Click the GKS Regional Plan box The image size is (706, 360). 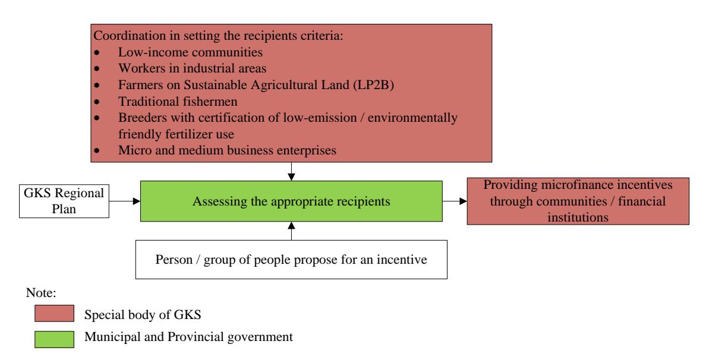[64, 201]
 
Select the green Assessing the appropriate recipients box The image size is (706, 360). [291, 201]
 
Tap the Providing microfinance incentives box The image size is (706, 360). [578, 201]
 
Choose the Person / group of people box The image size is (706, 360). [291, 260]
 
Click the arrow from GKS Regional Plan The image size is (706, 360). [125, 201]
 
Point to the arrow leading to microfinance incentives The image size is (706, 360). [455, 201]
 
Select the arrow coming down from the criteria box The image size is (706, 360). [291, 172]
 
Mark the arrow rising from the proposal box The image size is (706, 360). [291, 231]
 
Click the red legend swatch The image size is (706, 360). [55, 313]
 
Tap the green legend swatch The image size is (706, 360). [55, 339]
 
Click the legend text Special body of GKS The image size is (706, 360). [142, 314]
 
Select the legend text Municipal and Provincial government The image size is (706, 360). [188, 337]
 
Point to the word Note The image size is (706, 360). [41, 293]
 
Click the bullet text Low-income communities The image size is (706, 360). [190, 52]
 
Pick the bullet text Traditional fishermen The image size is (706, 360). [178, 101]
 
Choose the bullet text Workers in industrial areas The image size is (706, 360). [193, 68]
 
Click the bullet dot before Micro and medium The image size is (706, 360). [97, 151]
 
